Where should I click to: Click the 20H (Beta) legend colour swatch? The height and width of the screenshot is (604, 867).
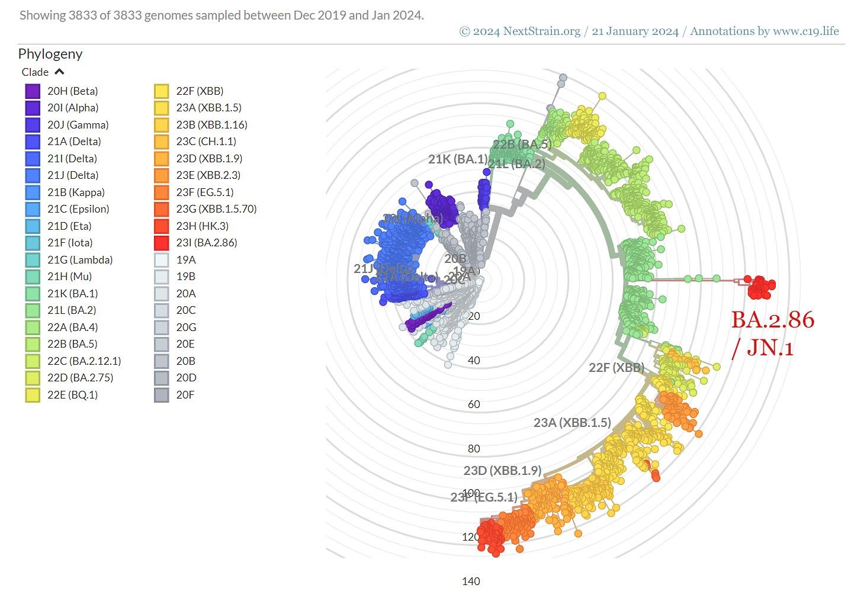point(33,91)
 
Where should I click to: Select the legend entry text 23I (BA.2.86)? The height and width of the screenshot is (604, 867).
point(206,243)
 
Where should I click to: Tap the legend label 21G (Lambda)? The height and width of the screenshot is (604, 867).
point(80,260)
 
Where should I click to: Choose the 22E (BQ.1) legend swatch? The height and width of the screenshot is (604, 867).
point(33,395)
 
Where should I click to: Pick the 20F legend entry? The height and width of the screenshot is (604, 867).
point(185,395)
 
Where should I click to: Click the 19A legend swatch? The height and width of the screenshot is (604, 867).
point(162,260)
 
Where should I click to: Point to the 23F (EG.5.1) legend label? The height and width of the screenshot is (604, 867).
point(204,192)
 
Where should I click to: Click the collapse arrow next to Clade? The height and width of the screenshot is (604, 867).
point(59,72)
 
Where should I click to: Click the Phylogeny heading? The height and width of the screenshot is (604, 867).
point(50,54)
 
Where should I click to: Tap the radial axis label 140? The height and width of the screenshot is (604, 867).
point(471,581)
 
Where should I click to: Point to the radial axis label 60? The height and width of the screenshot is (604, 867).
point(474,404)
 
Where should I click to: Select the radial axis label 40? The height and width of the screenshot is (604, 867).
point(474,361)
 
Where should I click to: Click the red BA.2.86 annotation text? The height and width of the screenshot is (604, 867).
point(772,320)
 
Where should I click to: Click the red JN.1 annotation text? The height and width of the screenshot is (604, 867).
point(770,348)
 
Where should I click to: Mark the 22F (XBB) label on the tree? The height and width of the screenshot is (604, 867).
point(616,368)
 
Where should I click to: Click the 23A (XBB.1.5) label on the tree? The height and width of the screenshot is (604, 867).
point(571,423)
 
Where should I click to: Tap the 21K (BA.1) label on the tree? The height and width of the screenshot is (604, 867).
point(457,159)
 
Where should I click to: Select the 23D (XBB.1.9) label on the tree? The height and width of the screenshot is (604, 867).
point(502,471)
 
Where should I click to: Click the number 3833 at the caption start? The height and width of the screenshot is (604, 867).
point(82,15)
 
